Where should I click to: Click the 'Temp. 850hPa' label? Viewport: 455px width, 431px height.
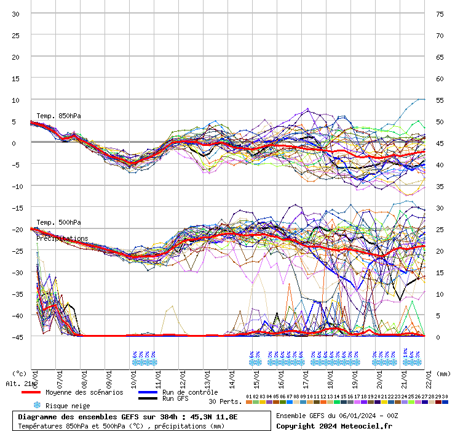coord(58,116)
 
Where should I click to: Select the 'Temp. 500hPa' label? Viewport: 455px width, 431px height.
coord(58,222)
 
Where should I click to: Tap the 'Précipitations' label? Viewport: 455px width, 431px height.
coord(62,238)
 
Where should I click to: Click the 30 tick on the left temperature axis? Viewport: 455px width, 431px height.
coord(16,14)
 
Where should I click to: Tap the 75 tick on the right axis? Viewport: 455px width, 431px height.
coord(440,14)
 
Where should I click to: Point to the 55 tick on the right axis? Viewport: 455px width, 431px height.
coord(440,100)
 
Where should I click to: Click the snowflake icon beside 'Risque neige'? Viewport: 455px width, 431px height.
coord(36,405)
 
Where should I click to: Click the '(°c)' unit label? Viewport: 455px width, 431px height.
coord(20,373)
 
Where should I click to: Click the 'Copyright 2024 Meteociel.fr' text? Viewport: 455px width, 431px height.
coord(334,425)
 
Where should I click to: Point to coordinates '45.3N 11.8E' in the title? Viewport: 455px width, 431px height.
coord(215,417)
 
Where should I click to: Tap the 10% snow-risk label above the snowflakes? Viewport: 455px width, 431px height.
coord(405,354)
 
